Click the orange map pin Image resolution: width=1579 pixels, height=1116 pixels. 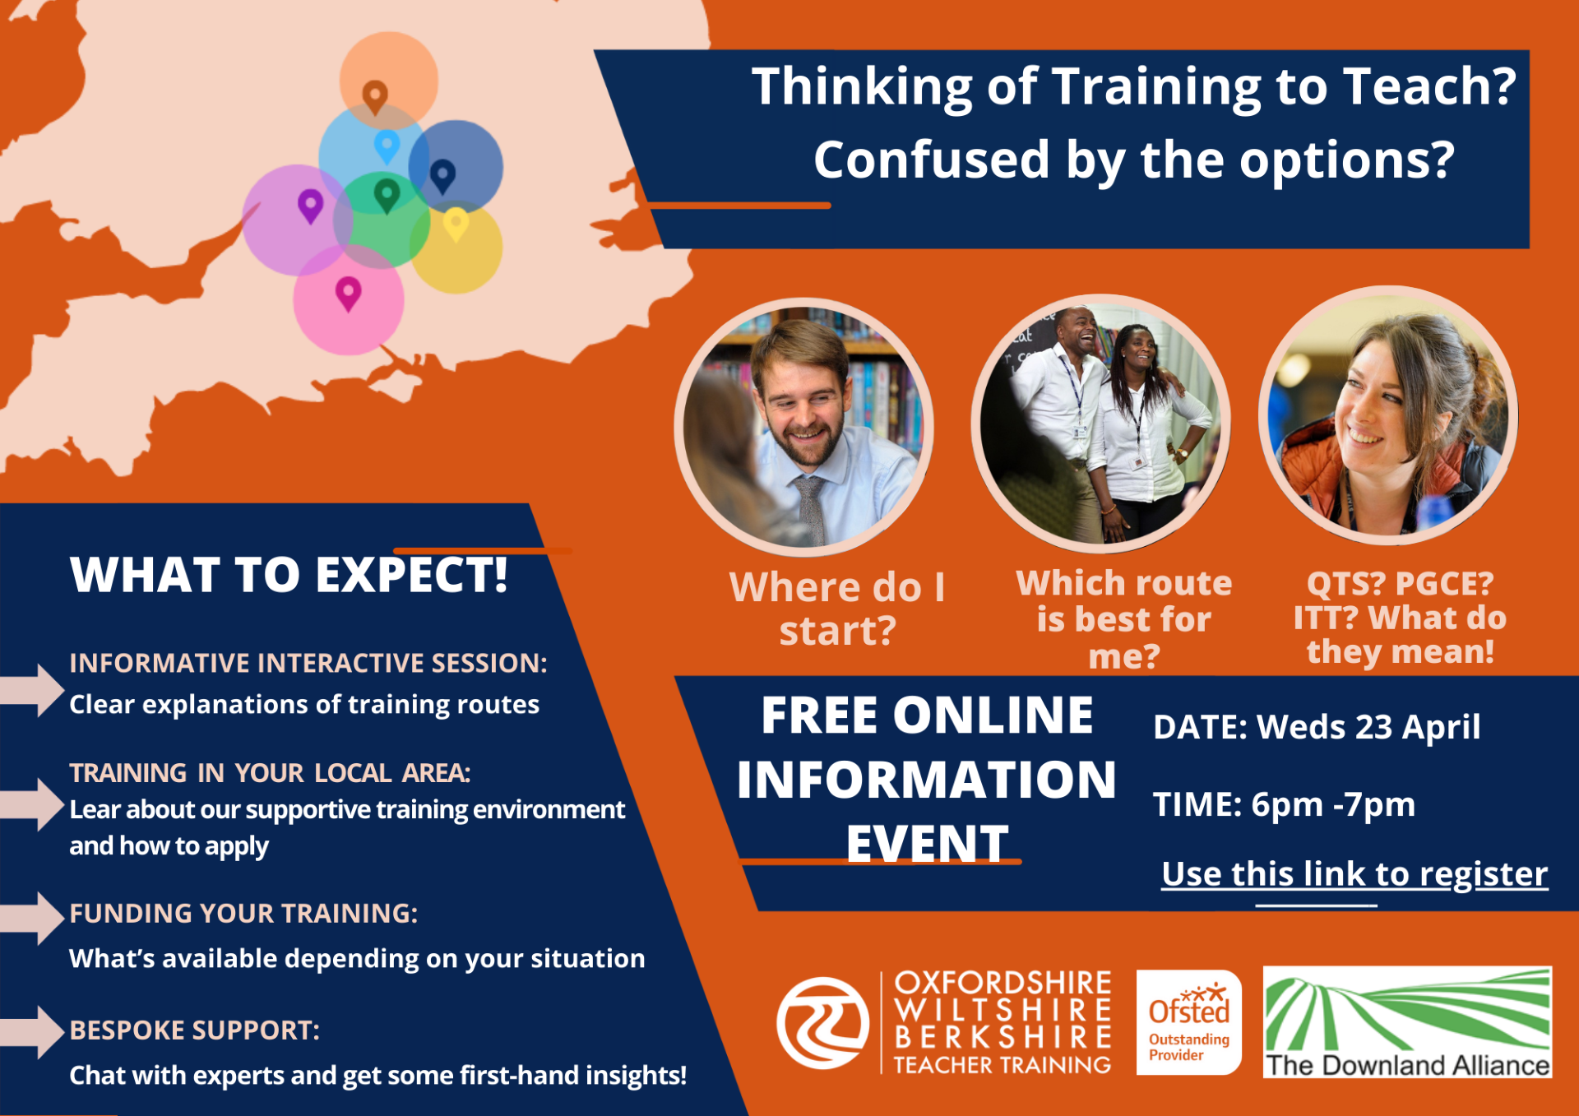[x=375, y=96]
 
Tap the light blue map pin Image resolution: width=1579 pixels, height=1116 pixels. [x=387, y=146]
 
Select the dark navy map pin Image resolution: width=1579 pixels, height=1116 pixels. [x=442, y=176]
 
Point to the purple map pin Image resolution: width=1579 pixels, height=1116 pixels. [x=310, y=206]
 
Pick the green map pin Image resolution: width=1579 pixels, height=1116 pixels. [x=387, y=196]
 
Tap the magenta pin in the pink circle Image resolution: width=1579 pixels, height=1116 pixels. [x=348, y=294]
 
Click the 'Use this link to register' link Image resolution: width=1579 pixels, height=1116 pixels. [x=1354, y=873]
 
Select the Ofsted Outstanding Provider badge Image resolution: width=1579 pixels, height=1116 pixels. [x=1188, y=1022]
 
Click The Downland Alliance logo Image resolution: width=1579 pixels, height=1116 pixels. [x=1407, y=1022]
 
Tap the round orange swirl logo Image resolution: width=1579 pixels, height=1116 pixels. [x=822, y=1022]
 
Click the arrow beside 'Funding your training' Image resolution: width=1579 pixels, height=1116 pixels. [x=33, y=918]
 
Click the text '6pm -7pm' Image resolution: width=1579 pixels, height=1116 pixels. [x=1333, y=804]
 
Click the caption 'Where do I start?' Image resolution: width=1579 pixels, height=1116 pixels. [x=837, y=609]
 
